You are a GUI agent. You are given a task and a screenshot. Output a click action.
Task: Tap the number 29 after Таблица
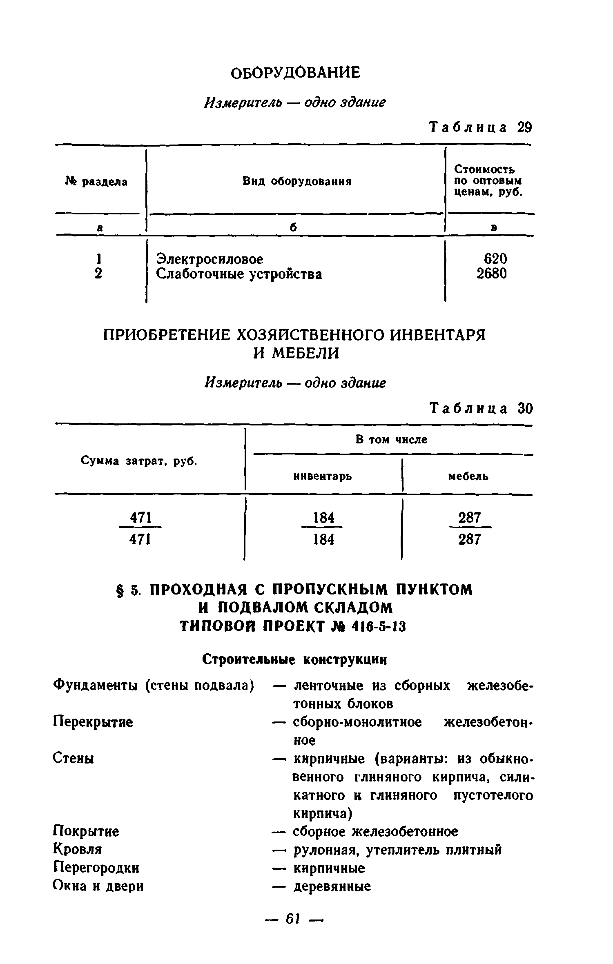(x=524, y=128)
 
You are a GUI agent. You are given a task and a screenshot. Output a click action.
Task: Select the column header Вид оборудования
(x=297, y=181)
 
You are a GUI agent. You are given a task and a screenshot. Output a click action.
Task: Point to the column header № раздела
(x=96, y=181)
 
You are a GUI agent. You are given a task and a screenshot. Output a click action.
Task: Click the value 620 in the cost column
(x=495, y=258)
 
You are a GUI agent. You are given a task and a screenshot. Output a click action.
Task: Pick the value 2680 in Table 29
(x=492, y=274)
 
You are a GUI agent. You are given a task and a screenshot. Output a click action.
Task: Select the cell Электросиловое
(x=210, y=259)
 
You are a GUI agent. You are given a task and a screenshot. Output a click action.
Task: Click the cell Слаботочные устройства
(x=239, y=274)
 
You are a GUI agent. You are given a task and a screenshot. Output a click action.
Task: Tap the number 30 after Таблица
(x=525, y=409)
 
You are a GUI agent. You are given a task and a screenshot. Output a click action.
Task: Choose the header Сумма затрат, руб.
(x=139, y=461)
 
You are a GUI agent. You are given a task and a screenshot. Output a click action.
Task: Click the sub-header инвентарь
(x=323, y=476)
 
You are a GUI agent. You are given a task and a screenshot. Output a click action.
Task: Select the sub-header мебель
(x=468, y=476)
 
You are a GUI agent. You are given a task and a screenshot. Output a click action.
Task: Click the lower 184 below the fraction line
(x=323, y=540)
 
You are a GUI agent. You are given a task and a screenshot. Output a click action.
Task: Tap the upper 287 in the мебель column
(x=469, y=518)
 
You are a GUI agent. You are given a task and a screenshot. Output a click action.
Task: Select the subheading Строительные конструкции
(x=294, y=660)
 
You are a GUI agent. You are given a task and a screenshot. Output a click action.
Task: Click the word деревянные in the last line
(x=332, y=886)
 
